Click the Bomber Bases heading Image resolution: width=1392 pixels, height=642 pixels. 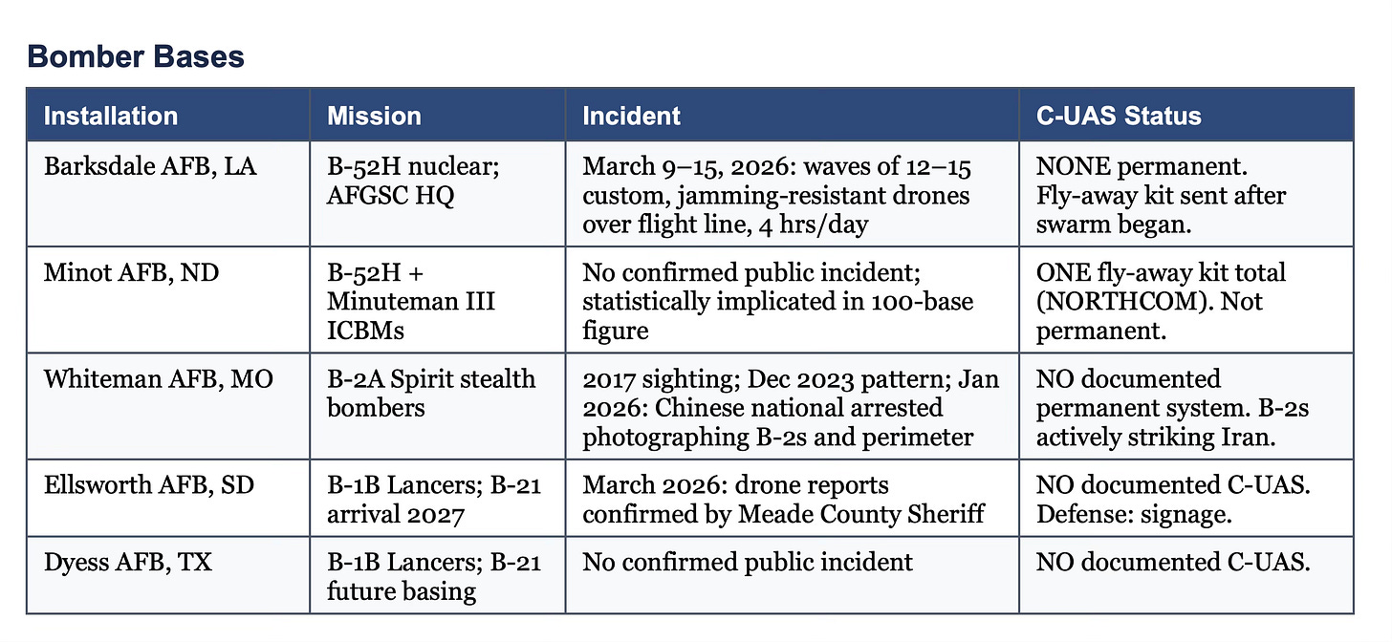(x=136, y=56)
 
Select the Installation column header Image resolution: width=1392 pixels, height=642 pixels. (x=111, y=117)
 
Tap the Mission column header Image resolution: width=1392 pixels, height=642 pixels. (x=374, y=117)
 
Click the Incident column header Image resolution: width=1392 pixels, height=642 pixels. (x=631, y=117)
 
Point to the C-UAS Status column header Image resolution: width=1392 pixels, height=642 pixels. (x=1119, y=117)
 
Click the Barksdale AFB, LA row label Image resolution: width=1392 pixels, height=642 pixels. (x=150, y=167)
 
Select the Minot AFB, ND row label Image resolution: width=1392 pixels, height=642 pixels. (x=131, y=273)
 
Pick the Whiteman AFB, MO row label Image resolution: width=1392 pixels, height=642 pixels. (x=158, y=379)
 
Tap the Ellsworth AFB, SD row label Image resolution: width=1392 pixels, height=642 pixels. (x=149, y=485)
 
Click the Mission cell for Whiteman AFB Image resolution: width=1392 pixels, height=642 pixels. (x=431, y=393)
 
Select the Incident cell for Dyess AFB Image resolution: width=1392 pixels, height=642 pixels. (x=748, y=562)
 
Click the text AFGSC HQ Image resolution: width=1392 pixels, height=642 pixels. (x=386, y=196)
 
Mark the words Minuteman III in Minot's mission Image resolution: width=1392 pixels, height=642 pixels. (x=411, y=302)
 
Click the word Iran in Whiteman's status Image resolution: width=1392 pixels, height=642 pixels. (x=1281, y=437)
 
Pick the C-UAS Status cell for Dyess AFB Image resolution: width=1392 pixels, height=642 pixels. (x=1173, y=562)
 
